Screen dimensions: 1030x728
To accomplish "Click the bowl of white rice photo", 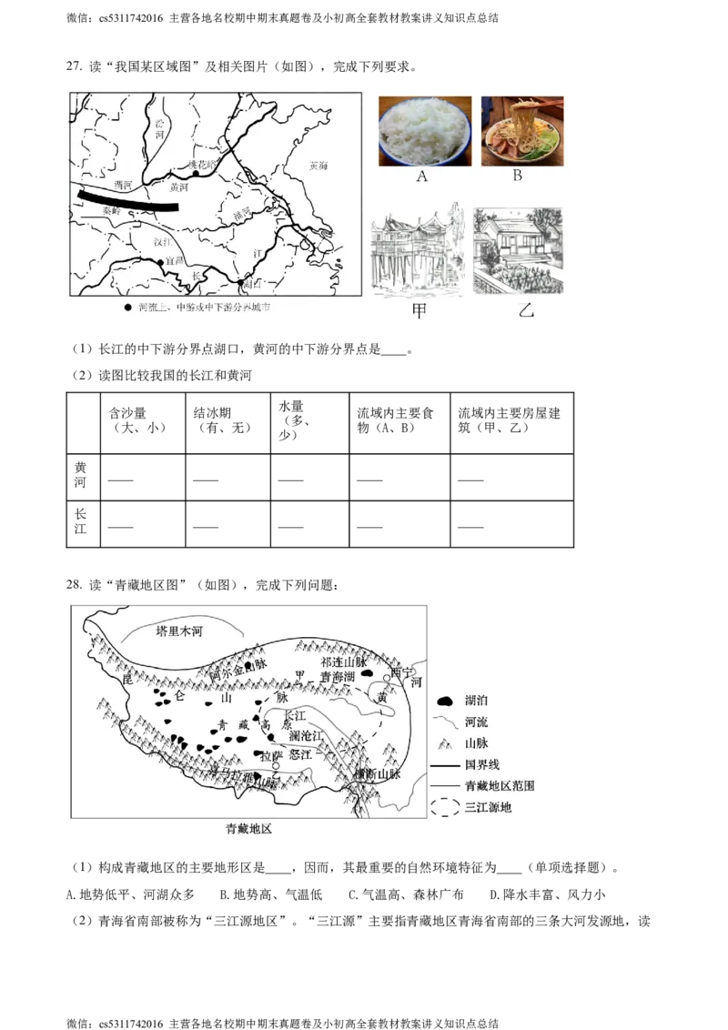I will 424,131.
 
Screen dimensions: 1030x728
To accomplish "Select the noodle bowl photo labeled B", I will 521,131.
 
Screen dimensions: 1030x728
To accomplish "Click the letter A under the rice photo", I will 421,177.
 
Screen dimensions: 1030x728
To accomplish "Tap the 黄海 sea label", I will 319,167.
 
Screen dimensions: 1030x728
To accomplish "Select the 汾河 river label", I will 160,127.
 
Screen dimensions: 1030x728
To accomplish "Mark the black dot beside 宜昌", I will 160,263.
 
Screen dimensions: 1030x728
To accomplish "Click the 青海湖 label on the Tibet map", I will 337,677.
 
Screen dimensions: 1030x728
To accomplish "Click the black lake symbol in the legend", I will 446,702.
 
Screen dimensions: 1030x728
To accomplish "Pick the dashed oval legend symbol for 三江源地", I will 446,806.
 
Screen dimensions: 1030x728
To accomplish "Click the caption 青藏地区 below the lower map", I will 249,829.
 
